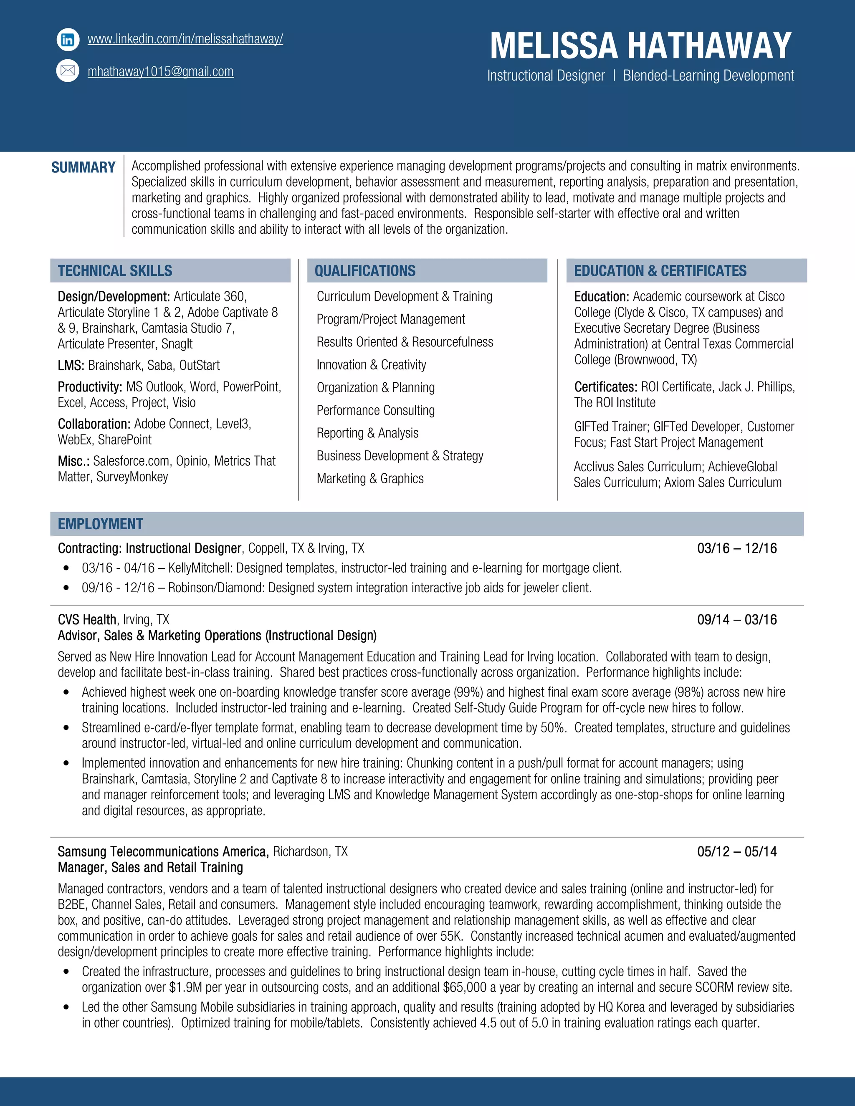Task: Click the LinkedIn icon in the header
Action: point(68,40)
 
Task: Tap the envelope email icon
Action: point(68,71)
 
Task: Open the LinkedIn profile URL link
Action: point(185,39)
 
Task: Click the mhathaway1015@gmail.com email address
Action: point(161,72)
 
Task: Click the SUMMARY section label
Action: point(83,168)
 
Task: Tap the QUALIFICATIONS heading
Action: point(365,271)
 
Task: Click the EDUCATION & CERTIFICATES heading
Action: point(660,271)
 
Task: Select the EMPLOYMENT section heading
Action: point(100,524)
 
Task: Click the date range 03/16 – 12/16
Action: point(736,548)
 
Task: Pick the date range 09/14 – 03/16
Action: point(736,620)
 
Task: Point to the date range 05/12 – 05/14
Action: point(736,852)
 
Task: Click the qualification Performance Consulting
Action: point(375,410)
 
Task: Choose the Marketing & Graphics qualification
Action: point(370,479)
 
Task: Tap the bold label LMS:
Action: point(71,366)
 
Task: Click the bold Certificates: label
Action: point(605,387)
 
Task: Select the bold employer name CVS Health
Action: point(86,620)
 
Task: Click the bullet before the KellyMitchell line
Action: point(66,568)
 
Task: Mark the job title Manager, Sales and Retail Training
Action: point(150,868)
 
